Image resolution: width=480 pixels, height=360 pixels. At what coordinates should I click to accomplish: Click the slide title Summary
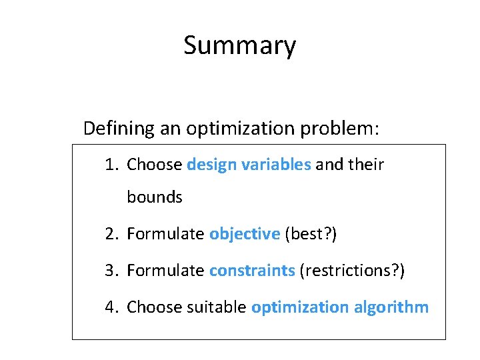pos(239,46)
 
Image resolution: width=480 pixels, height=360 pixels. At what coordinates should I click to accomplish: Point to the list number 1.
pos(111,165)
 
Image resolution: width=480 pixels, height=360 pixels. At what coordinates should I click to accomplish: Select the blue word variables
pos(275,165)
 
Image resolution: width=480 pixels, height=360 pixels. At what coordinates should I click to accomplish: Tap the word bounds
pos(155,197)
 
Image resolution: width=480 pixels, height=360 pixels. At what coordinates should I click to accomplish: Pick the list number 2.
pos(111,234)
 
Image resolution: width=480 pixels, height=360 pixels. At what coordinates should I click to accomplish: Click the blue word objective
pos(245,234)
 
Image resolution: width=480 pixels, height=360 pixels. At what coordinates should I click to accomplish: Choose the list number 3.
pos(111,271)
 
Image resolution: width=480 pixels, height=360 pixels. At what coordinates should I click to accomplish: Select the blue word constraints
pos(252,271)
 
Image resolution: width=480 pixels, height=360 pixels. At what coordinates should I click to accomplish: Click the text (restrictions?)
pos(353,271)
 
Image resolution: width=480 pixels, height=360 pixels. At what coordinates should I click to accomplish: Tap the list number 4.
pos(111,307)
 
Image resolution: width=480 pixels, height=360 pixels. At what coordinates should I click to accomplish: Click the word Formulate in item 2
pos(165,234)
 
